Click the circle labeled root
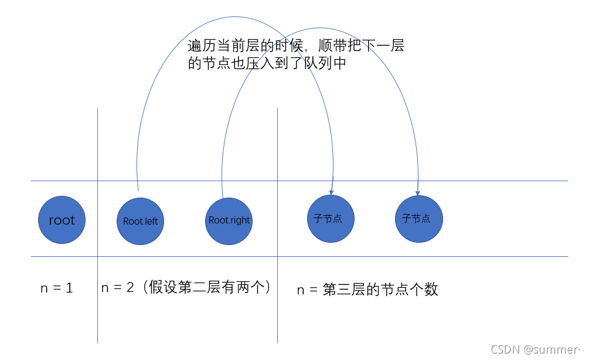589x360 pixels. tap(62, 220)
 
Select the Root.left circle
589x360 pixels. tap(140, 222)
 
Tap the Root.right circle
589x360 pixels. tap(229, 220)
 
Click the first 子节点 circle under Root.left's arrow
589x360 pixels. tap(331, 219)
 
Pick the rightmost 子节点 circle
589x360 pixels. tap(418, 219)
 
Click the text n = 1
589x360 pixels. tap(56, 288)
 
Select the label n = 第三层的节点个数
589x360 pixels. tap(367, 289)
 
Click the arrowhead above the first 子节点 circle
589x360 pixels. tap(332, 190)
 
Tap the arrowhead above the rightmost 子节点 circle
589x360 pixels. tap(418, 191)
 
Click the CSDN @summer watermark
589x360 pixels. tap(534, 349)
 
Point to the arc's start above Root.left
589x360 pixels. tap(138, 189)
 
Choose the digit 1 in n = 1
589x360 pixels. tap(69, 288)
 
